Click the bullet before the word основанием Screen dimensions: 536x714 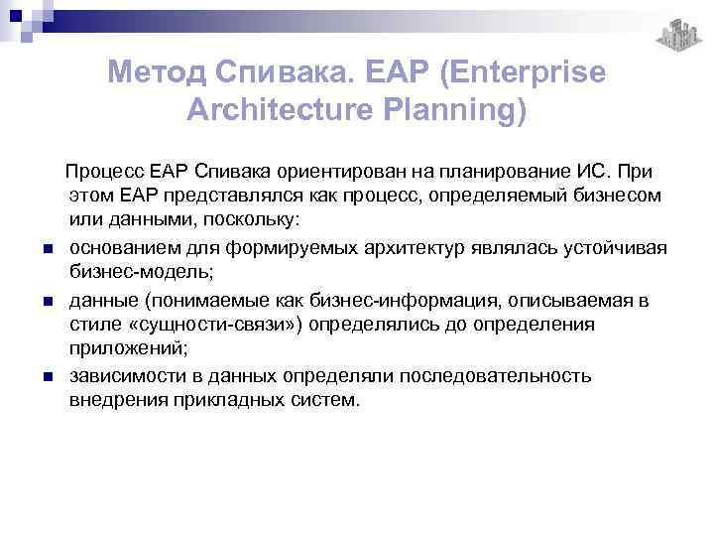[x=48, y=248]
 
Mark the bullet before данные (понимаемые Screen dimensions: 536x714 [x=48, y=301]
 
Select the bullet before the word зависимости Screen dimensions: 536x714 [x=48, y=378]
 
